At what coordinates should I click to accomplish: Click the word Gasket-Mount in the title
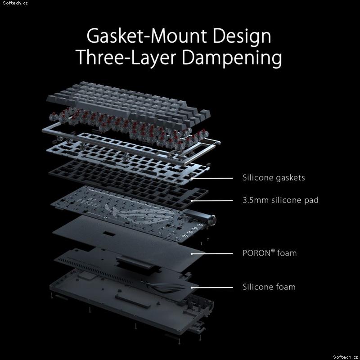(147, 36)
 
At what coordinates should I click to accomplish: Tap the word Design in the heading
(242, 36)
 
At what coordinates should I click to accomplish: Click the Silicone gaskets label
(274, 178)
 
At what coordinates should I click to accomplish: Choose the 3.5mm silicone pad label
(280, 200)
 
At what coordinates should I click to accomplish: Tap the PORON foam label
(270, 253)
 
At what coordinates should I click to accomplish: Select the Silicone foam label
(269, 287)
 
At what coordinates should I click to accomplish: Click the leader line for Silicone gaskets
(212, 178)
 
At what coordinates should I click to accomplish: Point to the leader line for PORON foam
(212, 254)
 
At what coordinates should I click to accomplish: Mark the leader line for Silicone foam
(212, 288)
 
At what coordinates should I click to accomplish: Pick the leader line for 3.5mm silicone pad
(212, 201)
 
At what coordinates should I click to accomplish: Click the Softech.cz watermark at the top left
(15, 3)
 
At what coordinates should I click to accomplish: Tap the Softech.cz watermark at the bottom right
(345, 357)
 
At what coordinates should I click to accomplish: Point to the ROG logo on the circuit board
(140, 213)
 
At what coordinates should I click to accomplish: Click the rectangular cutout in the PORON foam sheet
(109, 234)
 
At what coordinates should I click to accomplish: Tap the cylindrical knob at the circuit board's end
(212, 220)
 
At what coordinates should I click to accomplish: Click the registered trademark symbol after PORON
(273, 251)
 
